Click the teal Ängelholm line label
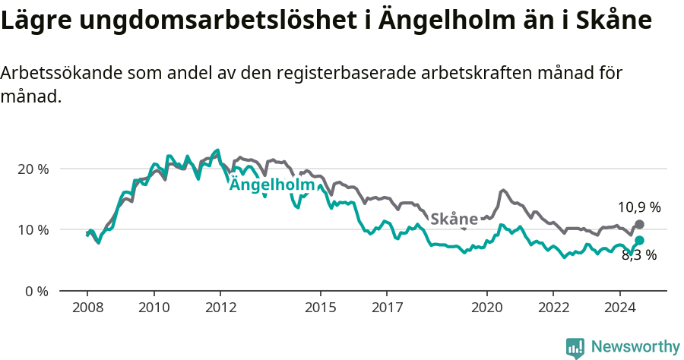(x=272, y=185)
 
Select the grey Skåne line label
(x=454, y=219)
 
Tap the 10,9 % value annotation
(x=638, y=207)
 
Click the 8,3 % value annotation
(x=638, y=255)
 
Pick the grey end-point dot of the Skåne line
(x=639, y=224)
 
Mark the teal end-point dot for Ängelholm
(x=639, y=240)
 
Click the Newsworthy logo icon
(x=575, y=347)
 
